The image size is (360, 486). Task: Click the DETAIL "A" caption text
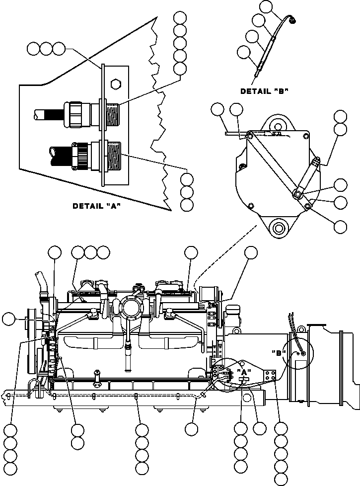97,206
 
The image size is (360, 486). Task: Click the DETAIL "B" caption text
264,91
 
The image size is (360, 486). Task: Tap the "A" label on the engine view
243,372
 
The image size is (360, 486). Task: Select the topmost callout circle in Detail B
267,6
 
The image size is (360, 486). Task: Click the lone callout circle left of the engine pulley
9,319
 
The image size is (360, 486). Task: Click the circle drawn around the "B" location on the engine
298,354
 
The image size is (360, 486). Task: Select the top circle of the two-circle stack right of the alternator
340,116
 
